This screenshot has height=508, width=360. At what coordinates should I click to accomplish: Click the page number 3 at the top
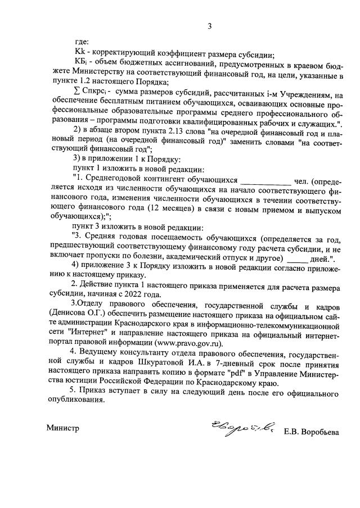[209, 26]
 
